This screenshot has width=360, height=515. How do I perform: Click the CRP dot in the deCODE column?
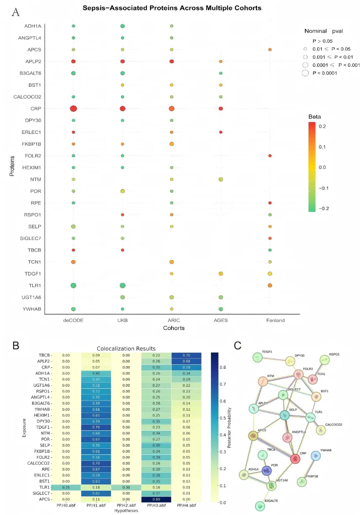coord(73,109)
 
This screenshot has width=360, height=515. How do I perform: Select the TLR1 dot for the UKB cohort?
coord(123,286)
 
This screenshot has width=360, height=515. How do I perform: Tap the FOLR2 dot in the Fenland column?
coord(270,156)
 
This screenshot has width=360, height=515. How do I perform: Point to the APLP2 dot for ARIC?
coord(171,62)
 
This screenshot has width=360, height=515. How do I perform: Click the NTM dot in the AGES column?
coord(221,179)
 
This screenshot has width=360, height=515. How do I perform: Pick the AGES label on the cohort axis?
coord(221,320)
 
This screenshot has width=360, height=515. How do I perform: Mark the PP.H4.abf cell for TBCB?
coord(187,355)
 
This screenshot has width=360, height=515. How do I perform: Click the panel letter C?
coord(238,345)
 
